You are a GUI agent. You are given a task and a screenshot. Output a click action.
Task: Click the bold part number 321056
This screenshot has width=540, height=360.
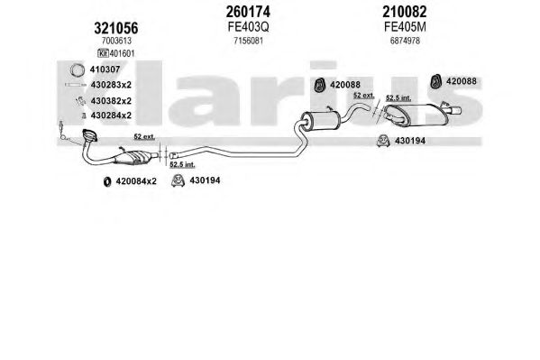pyautogui.click(x=116, y=28)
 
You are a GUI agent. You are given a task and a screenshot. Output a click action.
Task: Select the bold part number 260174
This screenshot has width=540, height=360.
pyautogui.click(x=248, y=12)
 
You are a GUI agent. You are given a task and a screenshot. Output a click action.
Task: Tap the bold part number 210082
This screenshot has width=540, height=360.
pyautogui.click(x=404, y=12)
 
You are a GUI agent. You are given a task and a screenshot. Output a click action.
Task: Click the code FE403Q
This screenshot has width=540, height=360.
pyautogui.click(x=248, y=27)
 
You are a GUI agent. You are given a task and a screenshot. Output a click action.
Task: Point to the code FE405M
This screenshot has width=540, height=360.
pyautogui.click(x=405, y=27)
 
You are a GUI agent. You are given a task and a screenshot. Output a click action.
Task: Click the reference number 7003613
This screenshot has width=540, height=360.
pyautogui.click(x=116, y=41)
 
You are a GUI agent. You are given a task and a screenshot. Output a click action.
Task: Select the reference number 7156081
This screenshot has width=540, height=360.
pyautogui.click(x=248, y=41)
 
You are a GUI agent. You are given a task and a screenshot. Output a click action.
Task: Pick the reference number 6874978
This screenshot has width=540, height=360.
pyautogui.click(x=405, y=41)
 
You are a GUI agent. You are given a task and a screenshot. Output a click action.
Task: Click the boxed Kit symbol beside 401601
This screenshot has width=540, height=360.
pyautogui.click(x=104, y=53)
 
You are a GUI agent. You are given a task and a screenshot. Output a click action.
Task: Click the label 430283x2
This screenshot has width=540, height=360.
pyautogui.click(x=111, y=85)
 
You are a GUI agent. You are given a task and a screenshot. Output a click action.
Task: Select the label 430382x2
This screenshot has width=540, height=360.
pyautogui.click(x=111, y=101)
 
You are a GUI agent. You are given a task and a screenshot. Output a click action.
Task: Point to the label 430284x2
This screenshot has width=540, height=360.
pyautogui.click(x=111, y=115)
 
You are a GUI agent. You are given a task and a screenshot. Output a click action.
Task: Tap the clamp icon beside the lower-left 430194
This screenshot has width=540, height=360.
pyautogui.click(x=178, y=180)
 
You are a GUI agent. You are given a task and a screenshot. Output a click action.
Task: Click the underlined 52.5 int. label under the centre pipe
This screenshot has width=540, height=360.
pyautogui.click(x=182, y=165)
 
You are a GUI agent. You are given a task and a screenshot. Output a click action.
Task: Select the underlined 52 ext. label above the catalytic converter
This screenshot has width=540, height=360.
pyautogui.click(x=144, y=137)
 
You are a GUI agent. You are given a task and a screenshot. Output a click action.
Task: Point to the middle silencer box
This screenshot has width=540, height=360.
pyautogui.click(x=321, y=120)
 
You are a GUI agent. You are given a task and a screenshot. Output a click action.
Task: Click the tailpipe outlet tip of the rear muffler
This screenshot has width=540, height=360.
pyautogui.click(x=456, y=111)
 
